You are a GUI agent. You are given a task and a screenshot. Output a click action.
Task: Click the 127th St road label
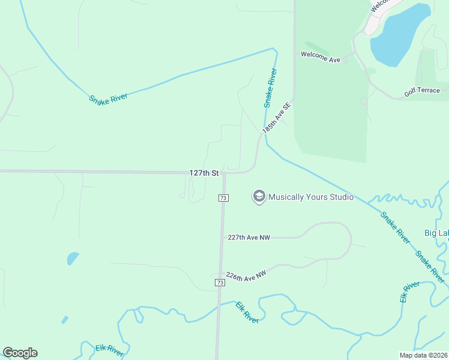pyautogui.click(x=203, y=173)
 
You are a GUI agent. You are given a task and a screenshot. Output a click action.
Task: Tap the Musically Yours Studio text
pyautogui.click(x=310, y=197)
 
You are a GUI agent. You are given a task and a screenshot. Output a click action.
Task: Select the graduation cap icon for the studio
pyautogui.click(x=259, y=197)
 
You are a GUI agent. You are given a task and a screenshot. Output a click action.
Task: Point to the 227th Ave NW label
pyautogui.click(x=249, y=238)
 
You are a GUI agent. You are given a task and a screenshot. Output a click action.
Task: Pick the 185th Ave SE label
pyautogui.click(x=276, y=118)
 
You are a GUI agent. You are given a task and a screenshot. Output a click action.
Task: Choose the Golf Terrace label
pyautogui.click(x=422, y=91)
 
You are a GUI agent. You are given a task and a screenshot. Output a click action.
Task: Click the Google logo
pyautogui.click(x=20, y=353)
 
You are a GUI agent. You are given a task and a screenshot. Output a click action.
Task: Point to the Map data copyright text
pyautogui.click(x=423, y=355)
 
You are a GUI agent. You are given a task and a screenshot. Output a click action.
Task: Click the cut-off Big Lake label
pyautogui.click(x=436, y=233)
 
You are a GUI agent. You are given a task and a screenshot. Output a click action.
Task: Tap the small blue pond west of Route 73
pyautogui.click(x=72, y=259)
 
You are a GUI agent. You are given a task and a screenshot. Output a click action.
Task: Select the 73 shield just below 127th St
pyautogui.click(x=223, y=198)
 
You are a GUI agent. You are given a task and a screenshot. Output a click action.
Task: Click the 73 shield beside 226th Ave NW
pyautogui.click(x=220, y=282)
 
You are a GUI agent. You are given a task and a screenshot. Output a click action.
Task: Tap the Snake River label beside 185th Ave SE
pyautogui.click(x=271, y=88)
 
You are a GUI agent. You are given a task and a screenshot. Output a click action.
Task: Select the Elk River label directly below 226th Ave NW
pyautogui.click(x=247, y=312)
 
